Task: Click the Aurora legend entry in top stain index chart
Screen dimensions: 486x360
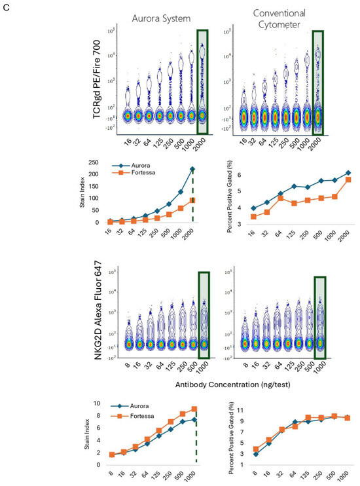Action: [x=135, y=168]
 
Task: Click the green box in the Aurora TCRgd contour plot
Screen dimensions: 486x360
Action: [x=202, y=77]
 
